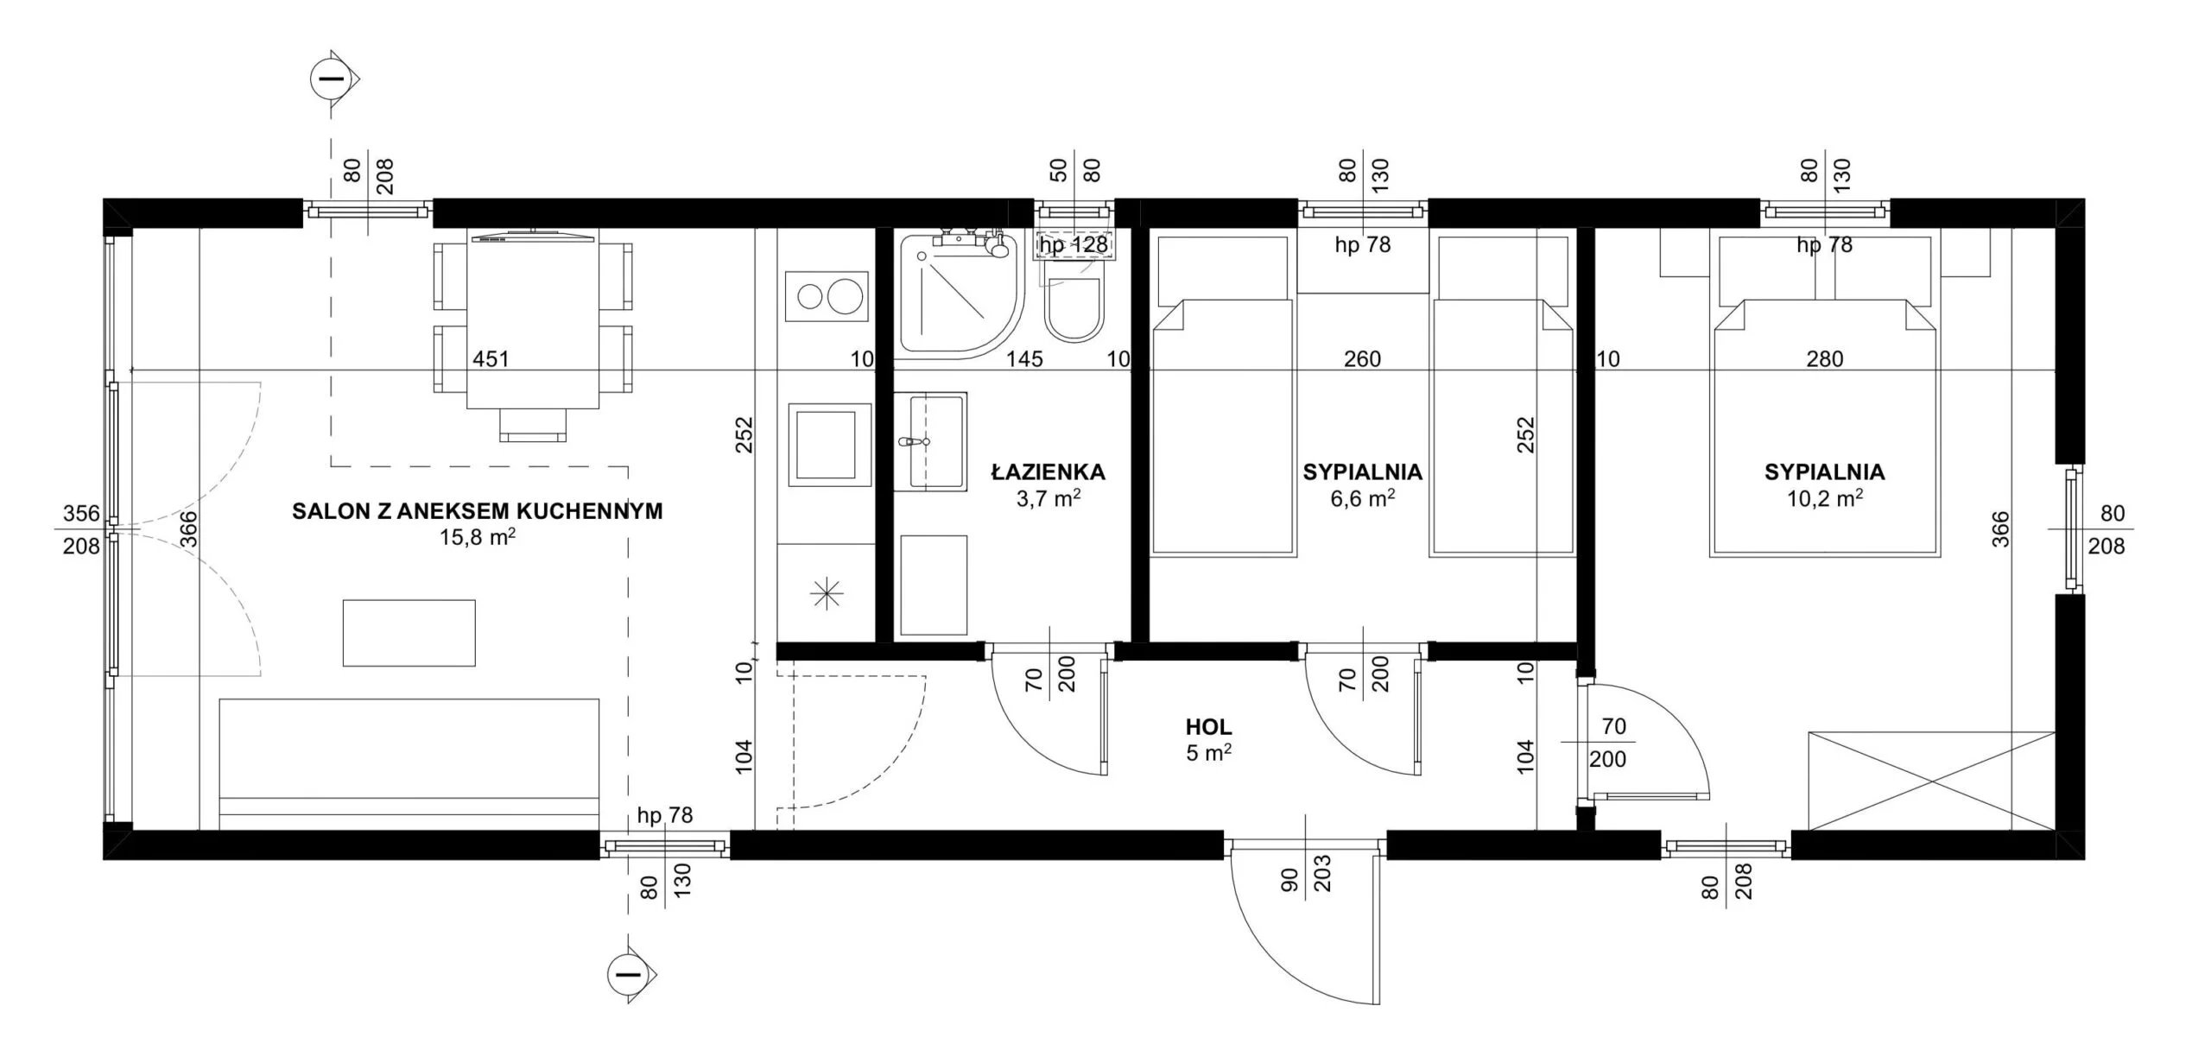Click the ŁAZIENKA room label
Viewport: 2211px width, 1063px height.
point(1048,472)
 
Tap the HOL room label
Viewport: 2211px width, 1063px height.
point(1208,727)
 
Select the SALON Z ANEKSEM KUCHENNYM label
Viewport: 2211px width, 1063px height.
point(478,511)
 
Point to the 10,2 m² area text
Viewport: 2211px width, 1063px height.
point(1824,497)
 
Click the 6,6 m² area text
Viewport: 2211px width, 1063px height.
point(1362,497)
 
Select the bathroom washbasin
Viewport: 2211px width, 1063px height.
point(930,441)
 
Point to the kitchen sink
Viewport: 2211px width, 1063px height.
point(826,446)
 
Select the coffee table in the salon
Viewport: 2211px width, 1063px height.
point(409,633)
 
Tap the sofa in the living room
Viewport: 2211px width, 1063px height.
point(409,764)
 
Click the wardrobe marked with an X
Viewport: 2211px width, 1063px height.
point(1931,781)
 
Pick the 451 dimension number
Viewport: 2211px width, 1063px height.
point(491,359)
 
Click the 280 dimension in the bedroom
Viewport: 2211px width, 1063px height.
point(1824,359)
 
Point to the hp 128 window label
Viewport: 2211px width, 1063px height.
point(1074,245)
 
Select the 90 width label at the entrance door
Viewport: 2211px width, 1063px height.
point(1289,879)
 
